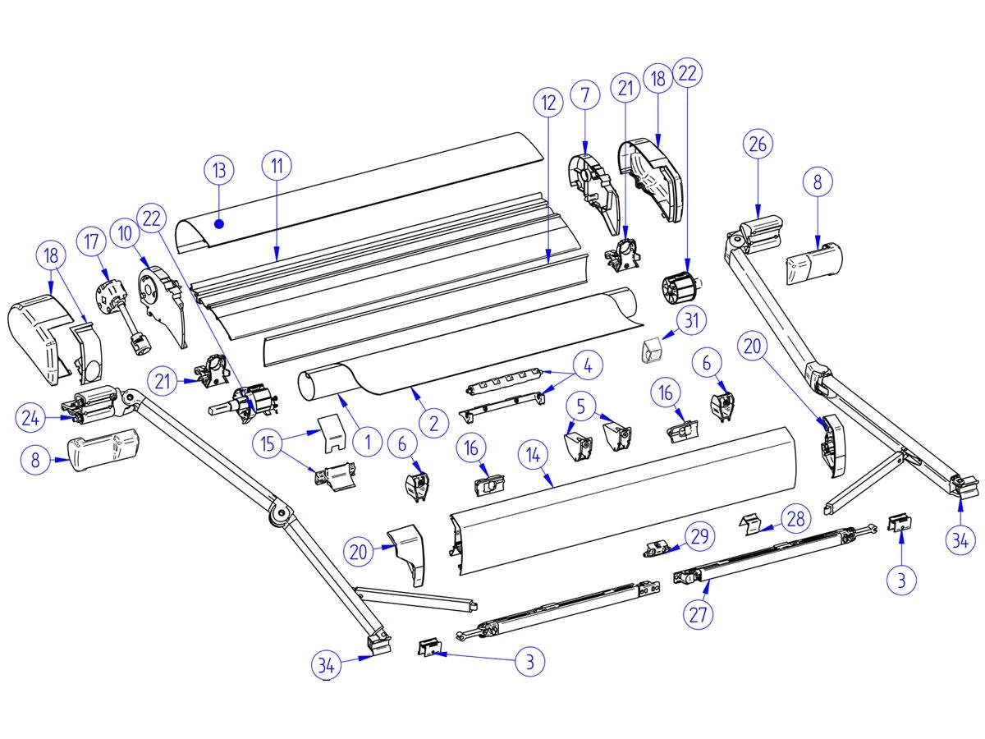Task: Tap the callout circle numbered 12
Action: [548, 103]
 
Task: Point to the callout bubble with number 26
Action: [758, 144]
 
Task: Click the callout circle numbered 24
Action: [30, 418]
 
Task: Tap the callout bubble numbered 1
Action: [368, 443]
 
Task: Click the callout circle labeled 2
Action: [433, 423]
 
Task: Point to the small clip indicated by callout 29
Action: [660, 548]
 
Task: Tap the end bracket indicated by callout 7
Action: [593, 182]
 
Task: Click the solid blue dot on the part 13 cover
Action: [219, 222]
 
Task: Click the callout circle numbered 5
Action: [581, 405]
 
